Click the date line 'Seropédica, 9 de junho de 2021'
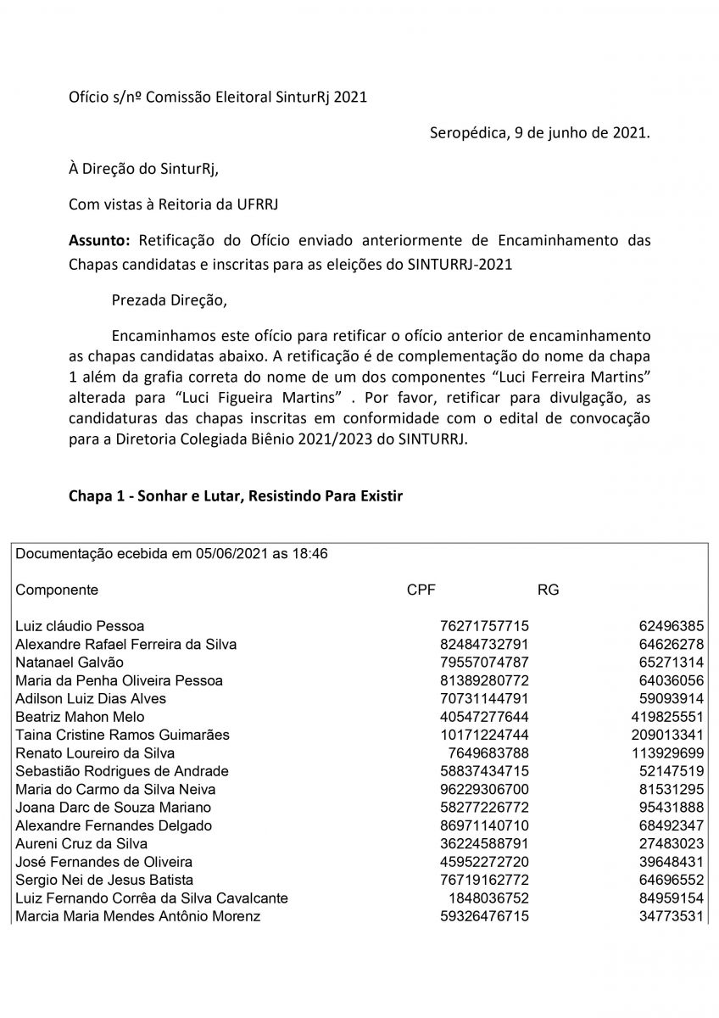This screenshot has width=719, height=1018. click(x=540, y=133)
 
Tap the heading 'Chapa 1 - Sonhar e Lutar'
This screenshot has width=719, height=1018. click(x=235, y=496)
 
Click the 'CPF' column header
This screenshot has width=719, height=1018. click(x=421, y=590)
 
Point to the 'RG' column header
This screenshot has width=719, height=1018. click(x=548, y=590)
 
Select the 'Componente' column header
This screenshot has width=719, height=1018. click(x=57, y=590)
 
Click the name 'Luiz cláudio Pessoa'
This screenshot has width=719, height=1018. click(x=80, y=626)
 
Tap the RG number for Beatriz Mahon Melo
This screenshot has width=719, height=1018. click(x=664, y=717)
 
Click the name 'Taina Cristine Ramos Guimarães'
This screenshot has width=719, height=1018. click(x=122, y=735)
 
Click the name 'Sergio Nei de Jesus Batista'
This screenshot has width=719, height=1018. click(x=104, y=880)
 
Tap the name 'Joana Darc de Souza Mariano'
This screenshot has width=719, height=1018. click(x=113, y=808)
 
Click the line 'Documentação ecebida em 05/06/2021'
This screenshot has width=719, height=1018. click(x=172, y=554)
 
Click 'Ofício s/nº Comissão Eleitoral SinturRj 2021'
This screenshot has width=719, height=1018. click(x=218, y=98)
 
